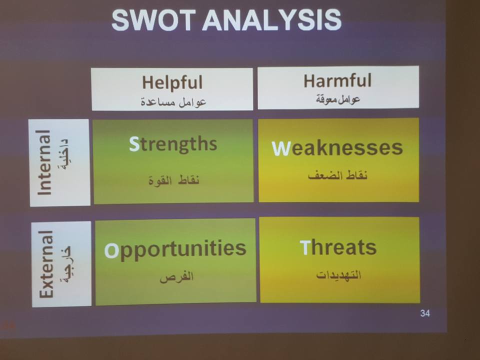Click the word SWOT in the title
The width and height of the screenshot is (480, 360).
(x=153, y=20)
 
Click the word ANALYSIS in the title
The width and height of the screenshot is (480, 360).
(x=272, y=20)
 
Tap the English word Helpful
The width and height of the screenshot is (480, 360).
(x=172, y=82)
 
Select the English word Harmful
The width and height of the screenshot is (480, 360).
(x=337, y=80)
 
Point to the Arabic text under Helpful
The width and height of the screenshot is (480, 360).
(x=173, y=102)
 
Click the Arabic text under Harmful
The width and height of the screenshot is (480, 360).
(x=338, y=99)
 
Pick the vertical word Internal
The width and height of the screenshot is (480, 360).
(x=44, y=162)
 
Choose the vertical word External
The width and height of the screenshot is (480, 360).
(x=46, y=264)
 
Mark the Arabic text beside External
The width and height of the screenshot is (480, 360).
(x=66, y=264)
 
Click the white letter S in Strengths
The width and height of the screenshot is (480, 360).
(x=134, y=144)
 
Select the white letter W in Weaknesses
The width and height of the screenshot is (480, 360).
(x=280, y=148)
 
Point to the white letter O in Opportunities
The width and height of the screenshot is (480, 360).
(x=111, y=250)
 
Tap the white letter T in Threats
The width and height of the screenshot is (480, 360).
(x=305, y=247)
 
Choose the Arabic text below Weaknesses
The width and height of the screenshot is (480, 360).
(x=337, y=175)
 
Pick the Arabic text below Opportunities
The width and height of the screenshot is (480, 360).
(x=176, y=276)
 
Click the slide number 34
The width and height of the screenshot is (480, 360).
(x=425, y=313)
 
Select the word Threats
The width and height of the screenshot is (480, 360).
(x=338, y=247)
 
